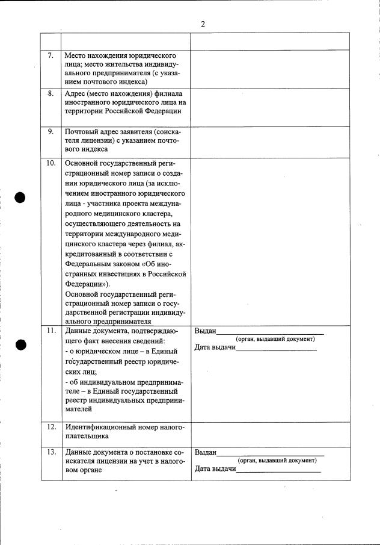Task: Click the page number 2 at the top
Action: [x=203, y=24]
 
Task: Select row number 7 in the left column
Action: [x=51, y=55]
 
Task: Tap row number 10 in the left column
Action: [x=51, y=163]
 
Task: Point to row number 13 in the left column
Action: [x=51, y=452]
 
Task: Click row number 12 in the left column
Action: [x=51, y=427]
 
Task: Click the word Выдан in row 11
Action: [x=205, y=331]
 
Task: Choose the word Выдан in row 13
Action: [x=205, y=452]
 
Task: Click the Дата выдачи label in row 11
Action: [x=215, y=348]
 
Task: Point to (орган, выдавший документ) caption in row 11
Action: [x=275, y=339]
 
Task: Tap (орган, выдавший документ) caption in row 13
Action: [x=277, y=461]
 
